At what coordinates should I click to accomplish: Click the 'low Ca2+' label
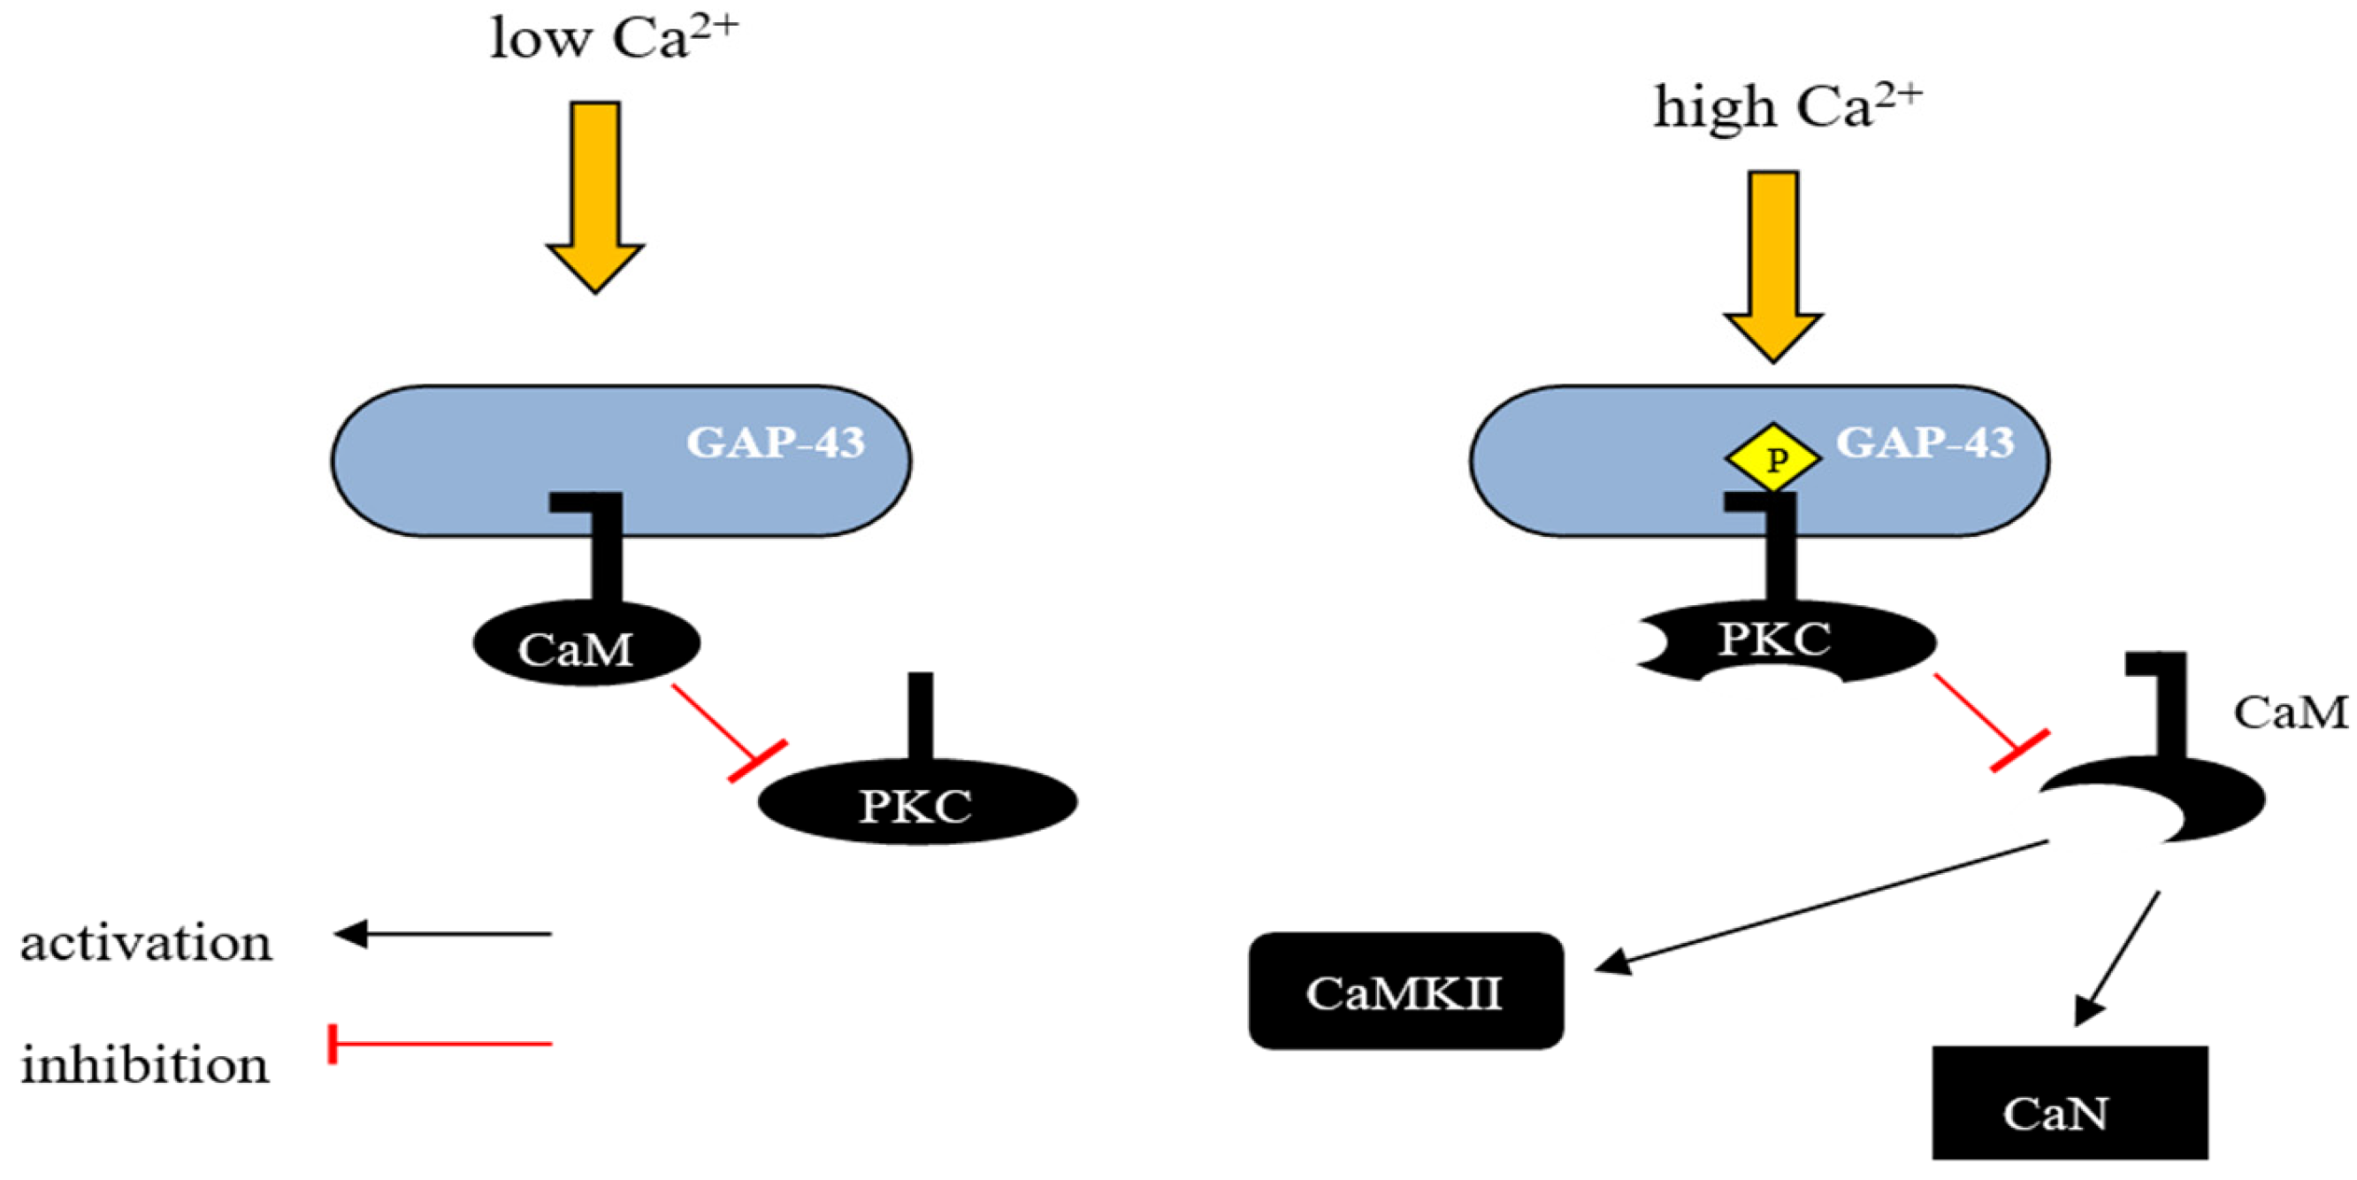pos(613,38)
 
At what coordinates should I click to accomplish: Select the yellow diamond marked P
pos(1772,457)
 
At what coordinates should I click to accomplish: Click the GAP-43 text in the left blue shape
pos(775,442)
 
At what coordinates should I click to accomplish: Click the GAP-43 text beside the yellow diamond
pos(1925,442)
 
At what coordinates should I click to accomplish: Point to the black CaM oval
pos(585,646)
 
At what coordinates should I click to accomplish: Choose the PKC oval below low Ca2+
pos(917,804)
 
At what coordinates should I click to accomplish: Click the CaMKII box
pos(1405,992)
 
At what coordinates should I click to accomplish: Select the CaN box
pos(2070,1103)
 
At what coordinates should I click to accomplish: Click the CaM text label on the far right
pos(2290,712)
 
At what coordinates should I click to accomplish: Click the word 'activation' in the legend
pos(147,943)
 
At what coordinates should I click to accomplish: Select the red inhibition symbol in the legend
pos(440,1044)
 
